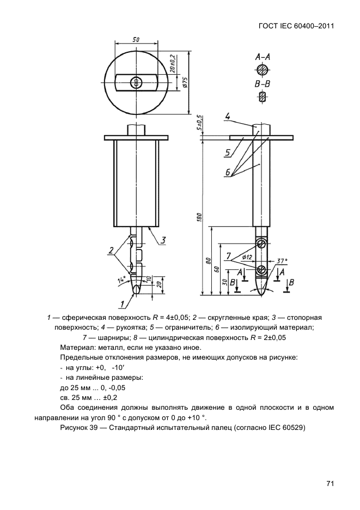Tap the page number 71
coord(330,483)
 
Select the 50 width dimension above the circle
coord(136,40)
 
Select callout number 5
coord(228,153)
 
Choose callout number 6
coord(228,173)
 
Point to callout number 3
coord(163,240)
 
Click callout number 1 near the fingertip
coord(123,303)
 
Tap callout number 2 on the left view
coord(111,251)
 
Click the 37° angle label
coord(282,261)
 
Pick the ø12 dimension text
coord(246,257)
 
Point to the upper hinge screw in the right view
coord(262,243)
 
